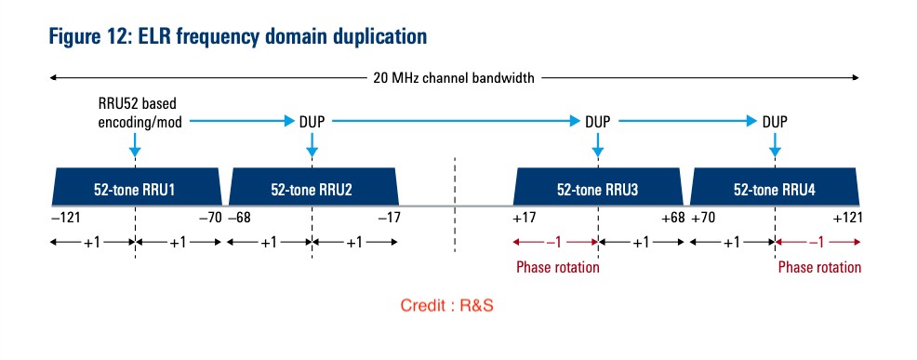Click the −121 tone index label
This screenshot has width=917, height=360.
[65, 219]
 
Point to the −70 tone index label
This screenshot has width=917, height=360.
[210, 219]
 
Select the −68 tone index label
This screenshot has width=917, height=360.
[240, 219]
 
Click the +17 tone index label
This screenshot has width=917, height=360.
[525, 219]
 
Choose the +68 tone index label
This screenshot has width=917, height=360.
[673, 219]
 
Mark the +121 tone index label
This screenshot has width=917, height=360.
[847, 219]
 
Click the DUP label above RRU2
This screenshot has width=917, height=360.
[312, 122]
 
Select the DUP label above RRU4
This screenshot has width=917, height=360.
[775, 122]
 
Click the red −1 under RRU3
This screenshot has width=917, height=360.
[555, 243]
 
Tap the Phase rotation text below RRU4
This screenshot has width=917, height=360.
[819, 268]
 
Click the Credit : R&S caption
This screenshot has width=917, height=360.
[446, 305]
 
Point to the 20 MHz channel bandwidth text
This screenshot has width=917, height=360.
[454, 78]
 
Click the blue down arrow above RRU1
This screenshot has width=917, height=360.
[135, 145]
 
